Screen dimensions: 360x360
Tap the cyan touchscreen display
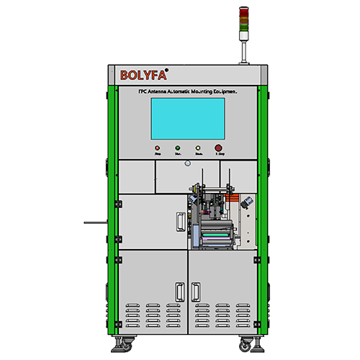(x=187, y=119)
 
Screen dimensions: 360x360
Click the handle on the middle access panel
(x=178, y=221)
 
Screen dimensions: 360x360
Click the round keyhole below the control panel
(x=186, y=163)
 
